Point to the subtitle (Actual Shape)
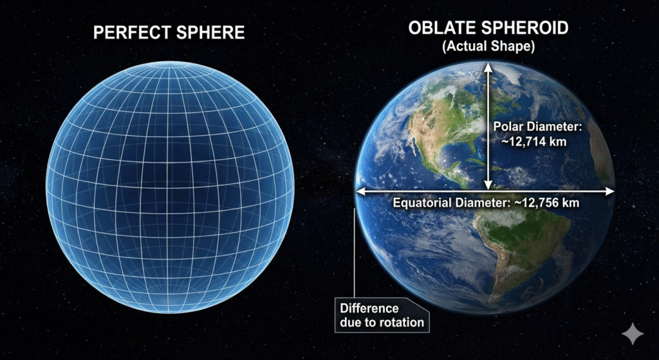[488, 46]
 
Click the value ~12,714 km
[534, 142]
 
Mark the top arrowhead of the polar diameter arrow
[488, 67]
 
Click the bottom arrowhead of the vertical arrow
[488, 185]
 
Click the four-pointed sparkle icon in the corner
[633, 334]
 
